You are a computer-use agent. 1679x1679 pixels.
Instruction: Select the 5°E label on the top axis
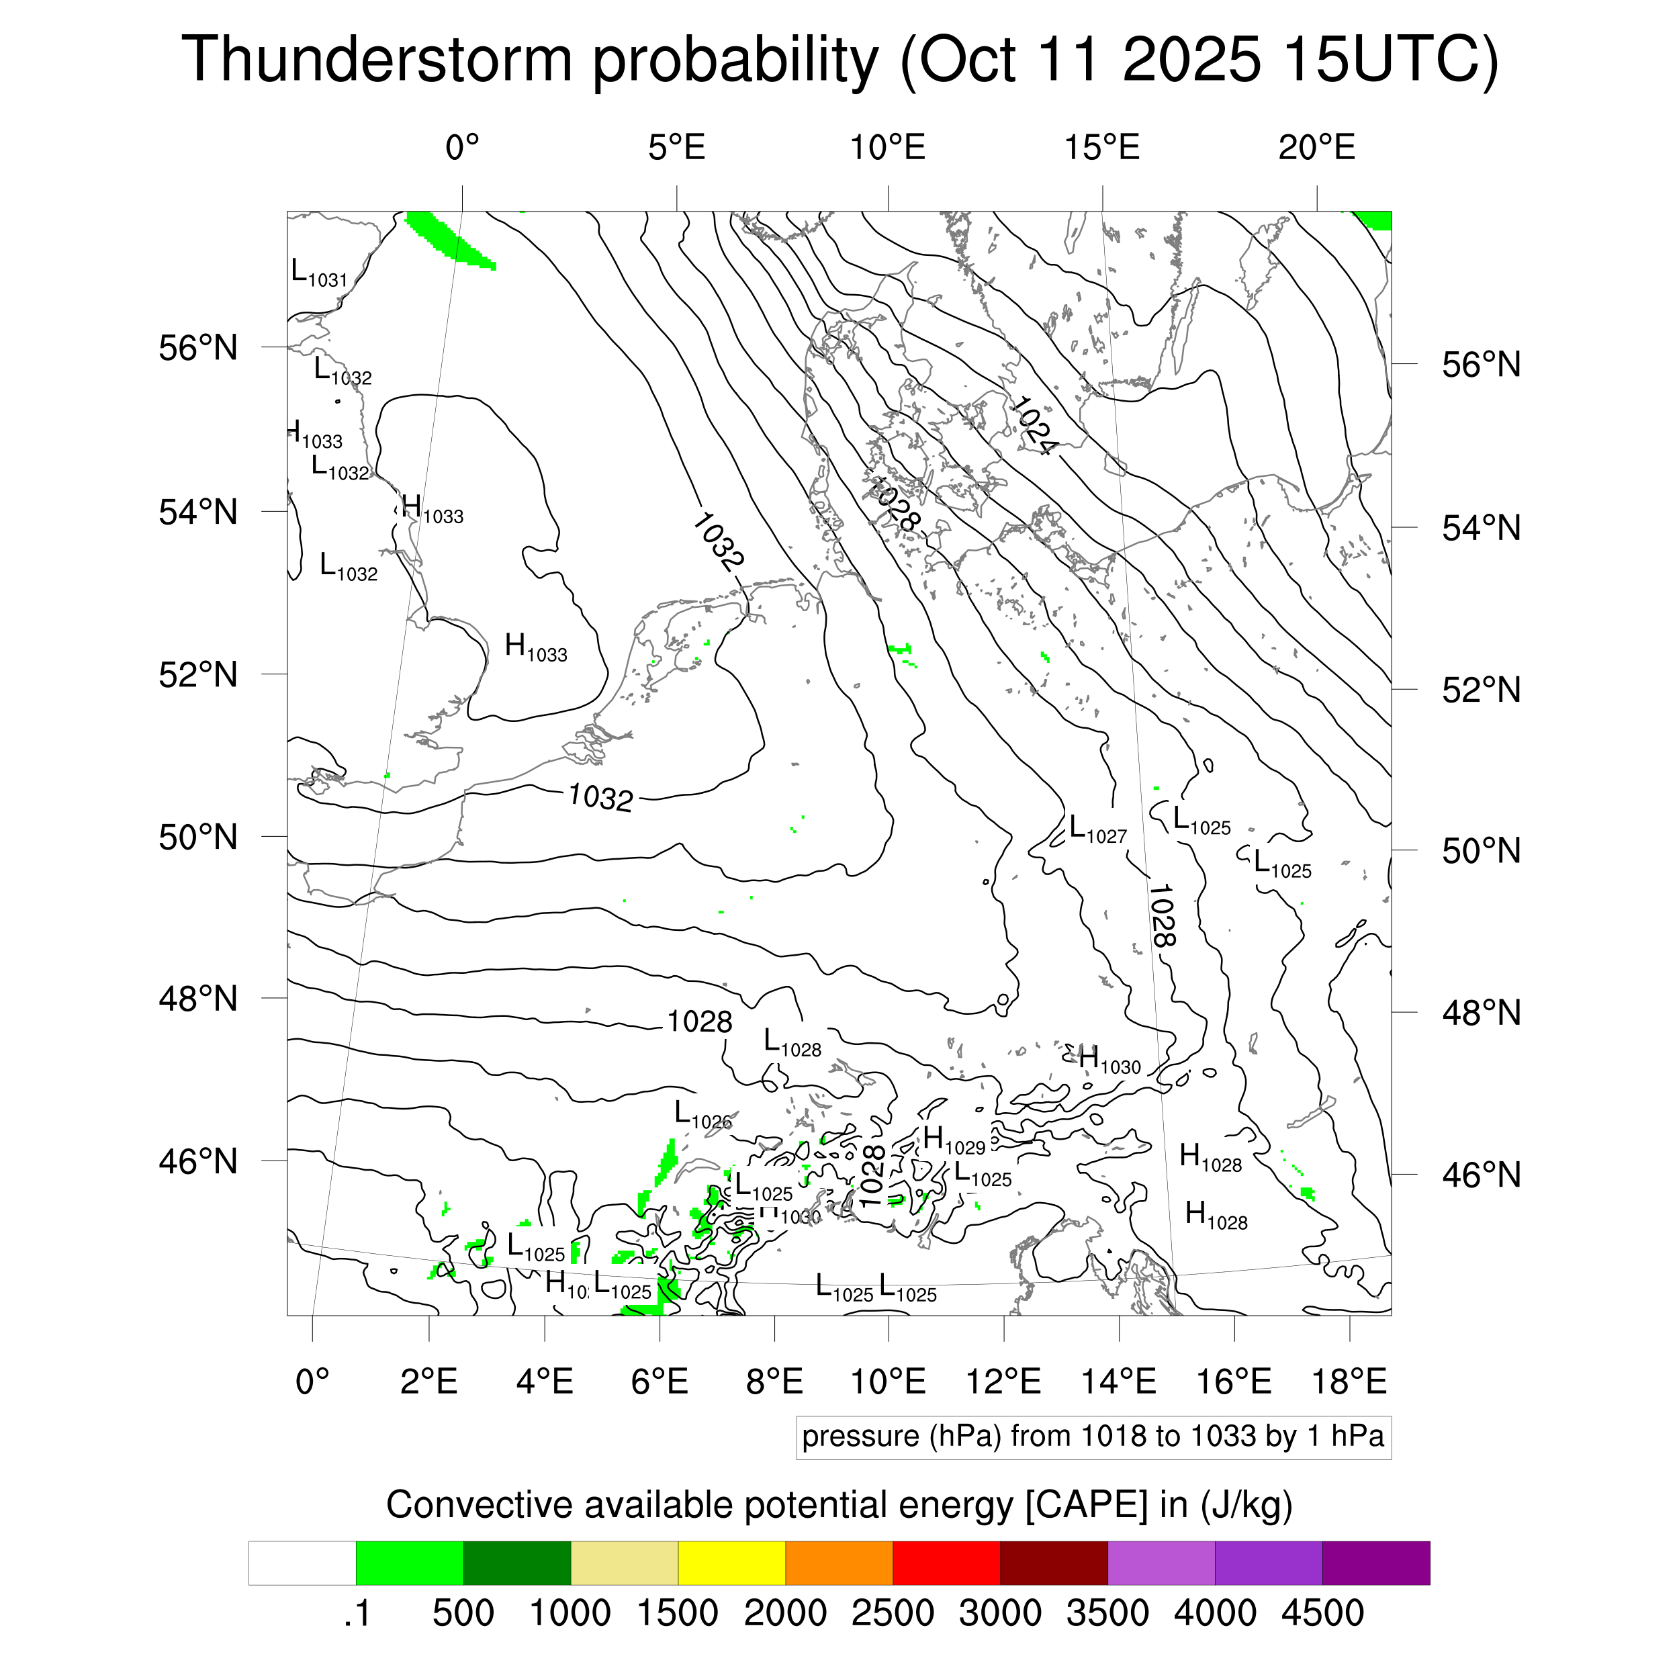[x=676, y=148]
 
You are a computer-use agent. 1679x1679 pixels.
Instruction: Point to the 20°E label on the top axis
[x=1316, y=148]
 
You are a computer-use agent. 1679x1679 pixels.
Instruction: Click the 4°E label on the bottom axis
[x=544, y=1381]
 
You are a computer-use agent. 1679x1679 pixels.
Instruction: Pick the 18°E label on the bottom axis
[x=1349, y=1381]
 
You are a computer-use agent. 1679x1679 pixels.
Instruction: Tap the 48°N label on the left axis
[x=198, y=999]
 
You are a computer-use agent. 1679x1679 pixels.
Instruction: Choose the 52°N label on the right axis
[x=1481, y=691]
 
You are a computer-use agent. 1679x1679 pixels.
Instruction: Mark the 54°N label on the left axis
[x=198, y=512]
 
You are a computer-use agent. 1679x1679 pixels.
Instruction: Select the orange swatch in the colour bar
[x=839, y=1563]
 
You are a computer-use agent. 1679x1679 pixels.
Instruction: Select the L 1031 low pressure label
[x=319, y=274]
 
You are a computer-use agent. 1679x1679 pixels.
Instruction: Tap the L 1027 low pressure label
[x=1097, y=830]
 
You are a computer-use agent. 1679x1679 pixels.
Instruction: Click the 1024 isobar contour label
[x=1032, y=426]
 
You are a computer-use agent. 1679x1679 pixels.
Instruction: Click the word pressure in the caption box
[x=860, y=1437]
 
